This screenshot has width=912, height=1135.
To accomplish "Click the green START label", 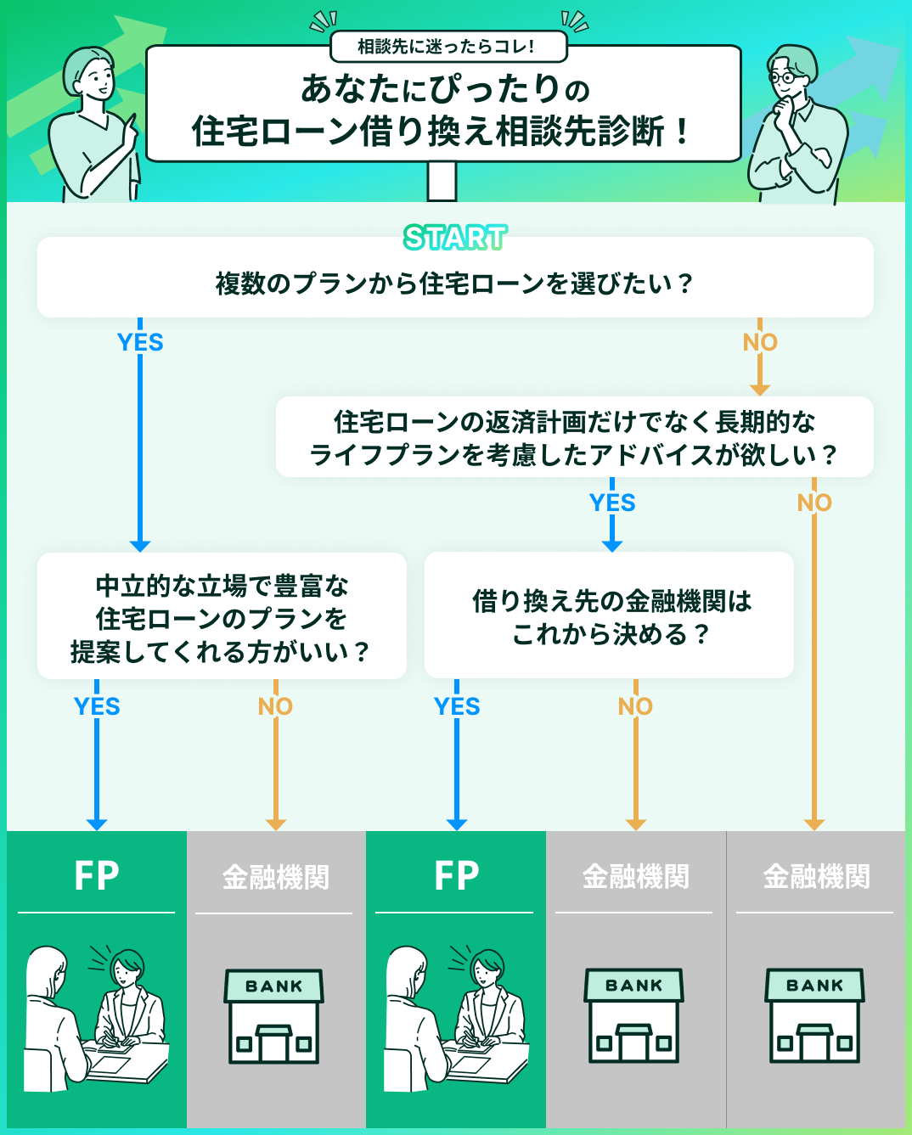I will tap(455, 238).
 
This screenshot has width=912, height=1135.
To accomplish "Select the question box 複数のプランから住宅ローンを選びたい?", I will tap(455, 282).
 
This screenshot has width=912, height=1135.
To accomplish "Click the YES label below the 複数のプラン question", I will tap(140, 342).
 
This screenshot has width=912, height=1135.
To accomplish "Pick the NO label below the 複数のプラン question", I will tap(760, 342).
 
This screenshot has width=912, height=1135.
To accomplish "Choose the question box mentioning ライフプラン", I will tap(574, 438).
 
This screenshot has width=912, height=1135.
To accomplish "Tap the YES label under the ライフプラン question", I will tap(612, 503).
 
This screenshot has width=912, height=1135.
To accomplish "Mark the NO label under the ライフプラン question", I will tap(814, 503).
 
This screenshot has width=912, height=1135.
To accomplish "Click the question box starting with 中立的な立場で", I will tap(222, 618).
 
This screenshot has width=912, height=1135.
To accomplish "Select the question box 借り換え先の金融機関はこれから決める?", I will tap(610, 617).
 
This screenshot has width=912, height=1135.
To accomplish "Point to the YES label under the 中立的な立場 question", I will tap(97, 706).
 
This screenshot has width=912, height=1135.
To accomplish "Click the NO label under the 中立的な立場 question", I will tap(275, 706).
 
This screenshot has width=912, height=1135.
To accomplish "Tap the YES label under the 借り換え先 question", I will tap(457, 706).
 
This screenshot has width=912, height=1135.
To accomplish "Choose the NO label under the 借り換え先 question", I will tap(635, 706).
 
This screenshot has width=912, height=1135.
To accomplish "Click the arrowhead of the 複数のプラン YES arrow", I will tap(140, 546).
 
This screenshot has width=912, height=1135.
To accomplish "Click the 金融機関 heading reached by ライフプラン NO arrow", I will tap(816, 876).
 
